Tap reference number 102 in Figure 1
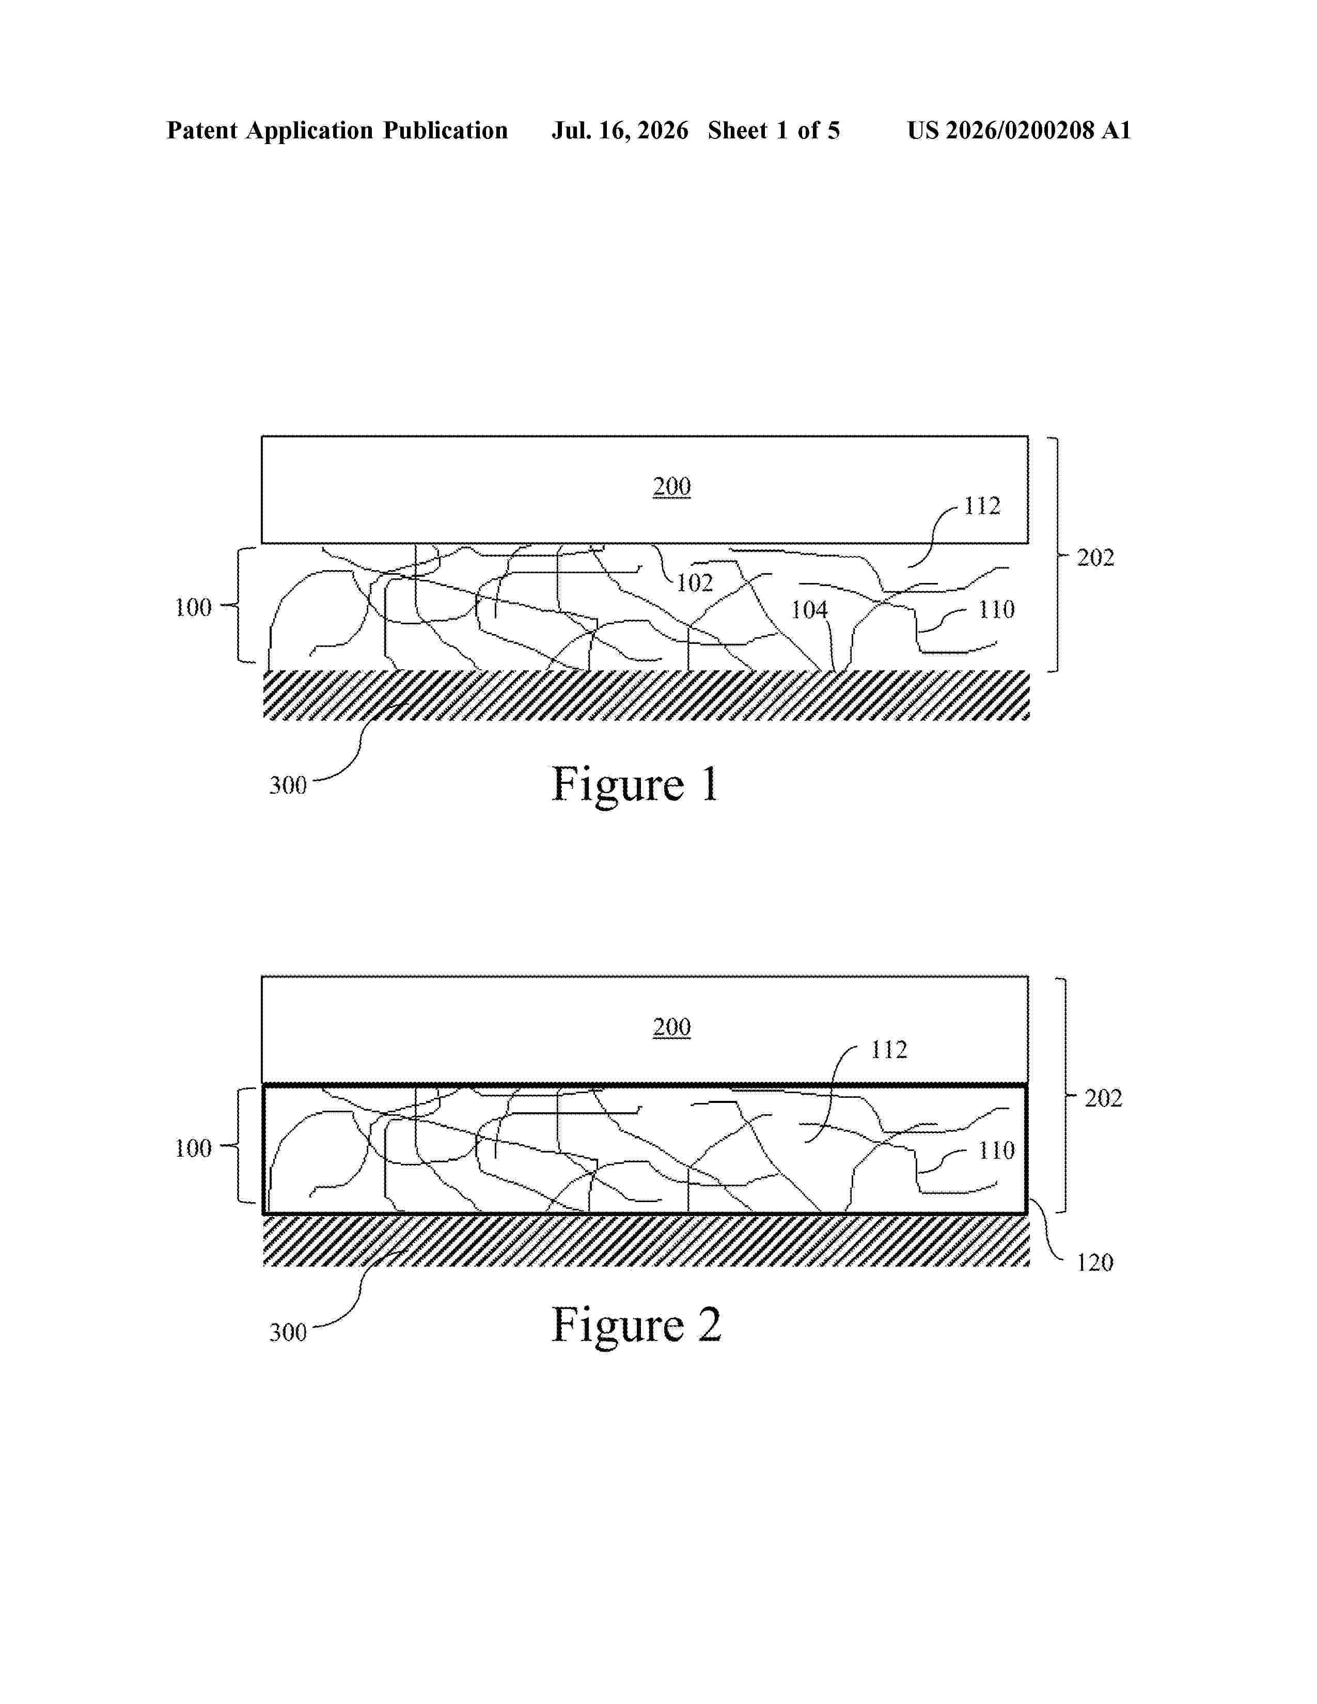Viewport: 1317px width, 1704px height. (x=694, y=583)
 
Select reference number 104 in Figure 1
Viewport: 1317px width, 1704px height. (x=809, y=609)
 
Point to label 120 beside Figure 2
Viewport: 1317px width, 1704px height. (x=1094, y=1263)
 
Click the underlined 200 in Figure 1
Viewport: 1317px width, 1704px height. (x=672, y=486)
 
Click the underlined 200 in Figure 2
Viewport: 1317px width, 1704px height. (x=672, y=1027)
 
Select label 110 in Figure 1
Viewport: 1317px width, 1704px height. (x=996, y=609)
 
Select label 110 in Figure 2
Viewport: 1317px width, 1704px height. (x=996, y=1150)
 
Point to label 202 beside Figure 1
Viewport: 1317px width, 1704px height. (x=1095, y=557)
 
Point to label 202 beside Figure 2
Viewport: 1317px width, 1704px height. (x=1103, y=1098)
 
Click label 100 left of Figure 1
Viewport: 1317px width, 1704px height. (x=193, y=607)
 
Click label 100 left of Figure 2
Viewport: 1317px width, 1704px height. (x=193, y=1148)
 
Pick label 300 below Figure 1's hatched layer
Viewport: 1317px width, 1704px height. (x=288, y=785)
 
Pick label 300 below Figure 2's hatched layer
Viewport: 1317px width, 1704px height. (x=288, y=1332)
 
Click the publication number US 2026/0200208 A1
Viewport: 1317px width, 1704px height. (x=1019, y=130)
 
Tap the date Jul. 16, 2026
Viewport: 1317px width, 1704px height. (x=620, y=130)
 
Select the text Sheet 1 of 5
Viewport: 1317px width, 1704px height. (x=774, y=130)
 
